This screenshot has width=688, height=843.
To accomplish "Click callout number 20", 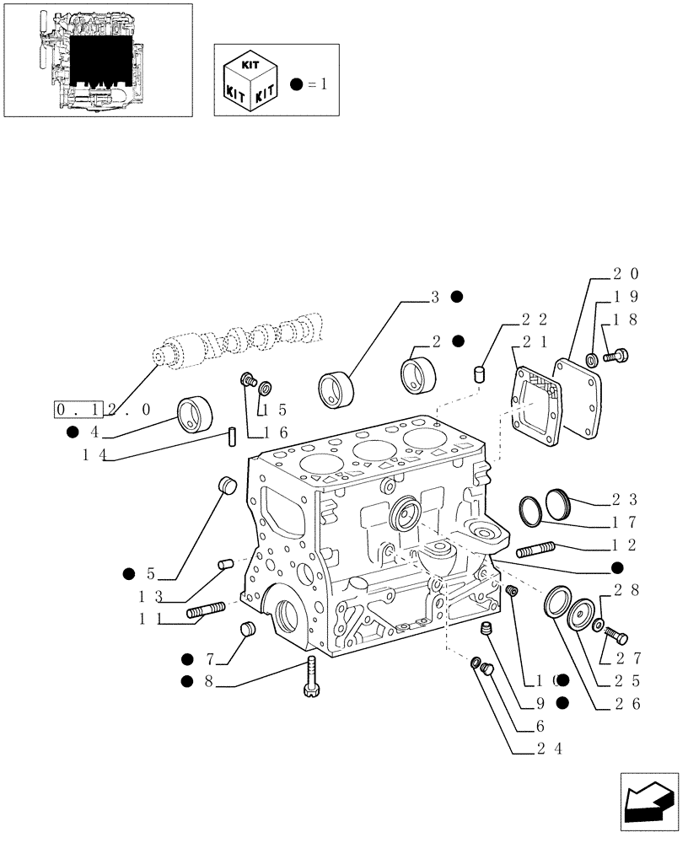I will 625,274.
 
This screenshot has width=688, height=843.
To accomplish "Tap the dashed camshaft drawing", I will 245,341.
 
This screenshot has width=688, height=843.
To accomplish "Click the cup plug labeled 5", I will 226,485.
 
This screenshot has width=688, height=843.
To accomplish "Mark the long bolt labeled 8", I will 309,677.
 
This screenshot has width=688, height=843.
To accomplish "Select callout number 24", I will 552,748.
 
